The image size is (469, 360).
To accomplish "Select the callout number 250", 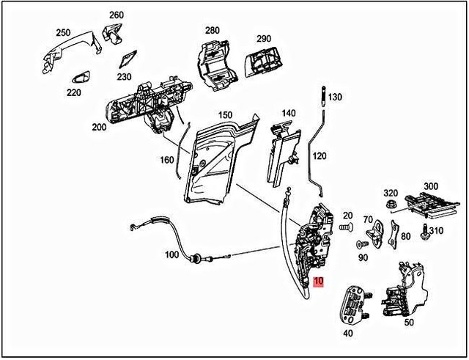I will coord(64,33).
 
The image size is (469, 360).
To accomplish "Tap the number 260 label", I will coord(117,15).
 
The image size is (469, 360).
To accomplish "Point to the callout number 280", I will coord(212,30).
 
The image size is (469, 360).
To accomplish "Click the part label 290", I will coord(263,38).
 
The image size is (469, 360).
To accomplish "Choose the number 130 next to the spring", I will coord(335,97).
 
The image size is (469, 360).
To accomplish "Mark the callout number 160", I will coord(168,159).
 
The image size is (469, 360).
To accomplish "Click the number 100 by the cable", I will coord(171,255).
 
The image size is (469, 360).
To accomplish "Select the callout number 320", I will coord(391,193).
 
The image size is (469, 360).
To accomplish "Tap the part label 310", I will coord(436,231).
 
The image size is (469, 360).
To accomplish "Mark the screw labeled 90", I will coord(361,244).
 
